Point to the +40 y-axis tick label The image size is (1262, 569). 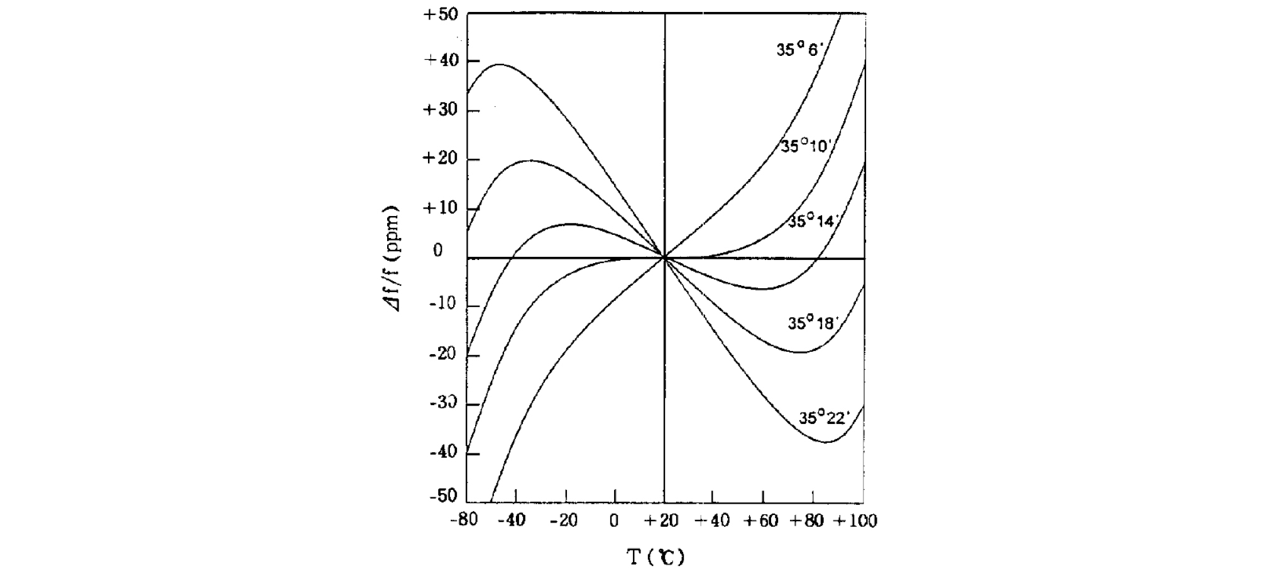coord(441,60)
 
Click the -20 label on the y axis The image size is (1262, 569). coord(442,354)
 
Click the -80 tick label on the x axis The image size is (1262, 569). coord(464,521)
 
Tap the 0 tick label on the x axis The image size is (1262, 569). coord(614,521)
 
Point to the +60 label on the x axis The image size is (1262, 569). coord(761,521)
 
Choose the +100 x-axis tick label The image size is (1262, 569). coord(855,521)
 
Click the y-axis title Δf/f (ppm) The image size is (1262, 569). coord(393,258)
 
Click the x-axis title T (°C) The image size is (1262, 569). coord(656,556)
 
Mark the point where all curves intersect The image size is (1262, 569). coord(664,257)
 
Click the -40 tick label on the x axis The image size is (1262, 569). coord(512,521)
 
